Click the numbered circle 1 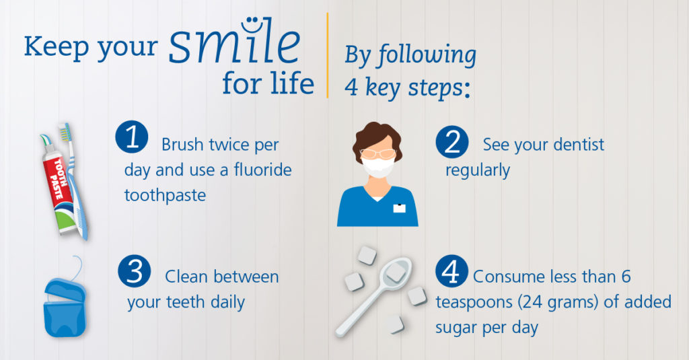tap(132, 137)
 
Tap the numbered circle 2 tap(452, 142)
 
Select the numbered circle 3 tap(135, 271)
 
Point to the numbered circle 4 tap(451, 271)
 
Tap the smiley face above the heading tap(250, 25)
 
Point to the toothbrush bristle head tap(65, 132)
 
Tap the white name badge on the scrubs tap(399, 208)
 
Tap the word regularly tap(478, 170)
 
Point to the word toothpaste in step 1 tap(166, 195)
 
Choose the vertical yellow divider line tap(328, 55)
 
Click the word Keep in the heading tap(57, 48)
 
